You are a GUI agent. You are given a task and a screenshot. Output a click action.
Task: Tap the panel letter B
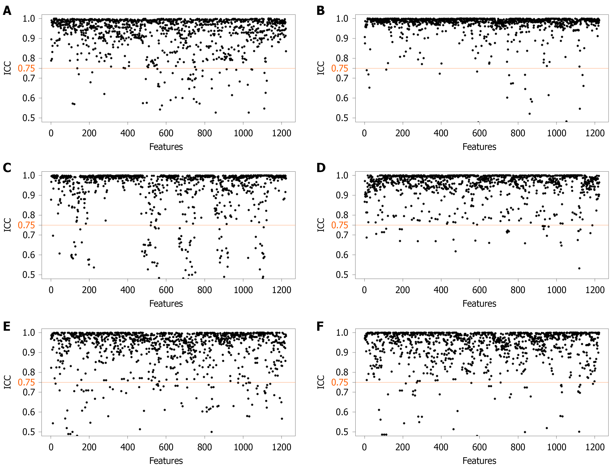pyautogui.click(x=320, y=11)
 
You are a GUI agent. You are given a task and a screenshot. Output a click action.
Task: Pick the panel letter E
pyautogui.click(x=7, y=326)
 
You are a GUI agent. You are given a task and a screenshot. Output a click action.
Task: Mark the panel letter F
pyautogui.click(x=320, y=326)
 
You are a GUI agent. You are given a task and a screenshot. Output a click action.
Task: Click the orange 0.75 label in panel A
pyautogui.click(x=26, y=68)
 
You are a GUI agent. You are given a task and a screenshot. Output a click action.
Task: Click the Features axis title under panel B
pyautogui.click(x=479, y=147)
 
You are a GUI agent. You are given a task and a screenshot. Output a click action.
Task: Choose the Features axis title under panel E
pyautogui.click(x=166, y=461)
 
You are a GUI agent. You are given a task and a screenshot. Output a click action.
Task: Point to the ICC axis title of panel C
pyautogui.click(x=8, y=225)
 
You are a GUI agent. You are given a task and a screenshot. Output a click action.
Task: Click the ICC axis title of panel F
pyautogui.click(x=321, y=382)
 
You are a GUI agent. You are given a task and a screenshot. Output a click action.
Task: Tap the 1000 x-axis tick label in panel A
pyautogui.click(x=243, y=133)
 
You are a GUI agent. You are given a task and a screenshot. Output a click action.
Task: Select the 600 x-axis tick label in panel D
pyautogui.click(x=479, y=290)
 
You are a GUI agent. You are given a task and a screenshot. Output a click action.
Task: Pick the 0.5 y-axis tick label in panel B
pyautogui.click(x=342, y=118)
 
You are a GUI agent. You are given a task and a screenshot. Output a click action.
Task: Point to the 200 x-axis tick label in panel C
pyautogui.click(x=89, y=290)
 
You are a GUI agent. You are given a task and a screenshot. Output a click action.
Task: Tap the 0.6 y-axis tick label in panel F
pyautogui.click(x=342, y=412)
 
